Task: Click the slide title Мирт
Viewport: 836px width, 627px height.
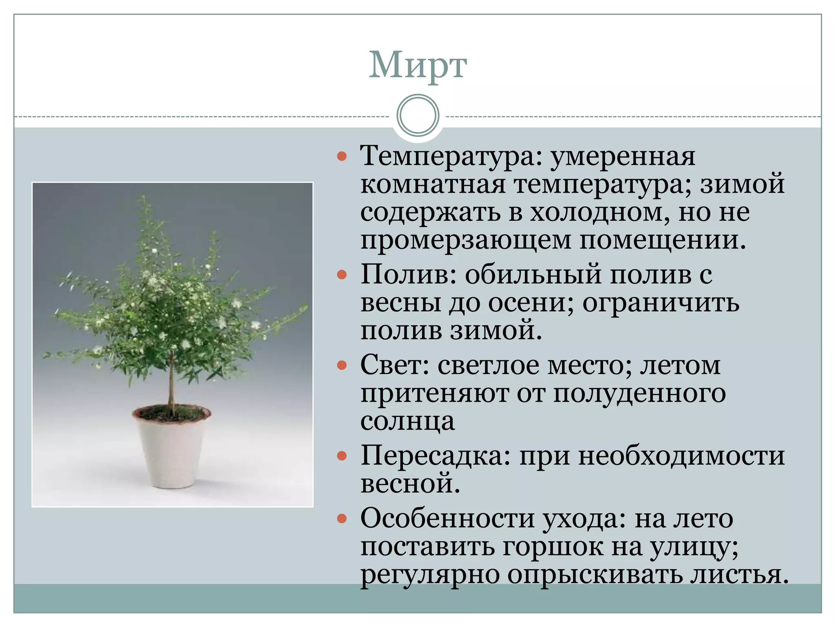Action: tap(418, 65)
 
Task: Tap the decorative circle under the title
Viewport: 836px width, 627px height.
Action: tap(418, 115)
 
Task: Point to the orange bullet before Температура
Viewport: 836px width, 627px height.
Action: tap(342, 156)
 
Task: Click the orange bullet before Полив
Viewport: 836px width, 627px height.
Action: tap(342, 275)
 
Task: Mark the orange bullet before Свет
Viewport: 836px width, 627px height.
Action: tap(342, 365)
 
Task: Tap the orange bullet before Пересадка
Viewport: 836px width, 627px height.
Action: tap(342, 456)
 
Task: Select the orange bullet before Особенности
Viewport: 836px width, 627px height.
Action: tap(342, 519)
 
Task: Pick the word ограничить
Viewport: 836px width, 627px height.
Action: tap(660, 303)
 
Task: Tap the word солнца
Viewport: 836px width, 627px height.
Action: tap(407, 421)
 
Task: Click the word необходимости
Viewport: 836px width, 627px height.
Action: tap(681, 456)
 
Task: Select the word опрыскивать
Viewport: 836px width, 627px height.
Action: tap(595, 575)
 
